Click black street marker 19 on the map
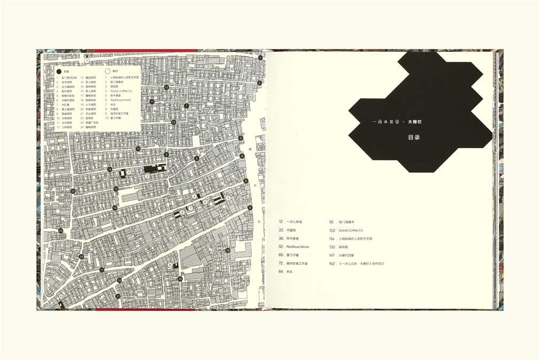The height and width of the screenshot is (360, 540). [x=227, y=250]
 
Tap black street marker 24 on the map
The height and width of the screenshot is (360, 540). [x=81, y=256]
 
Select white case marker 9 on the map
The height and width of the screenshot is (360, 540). [x=169, y=264]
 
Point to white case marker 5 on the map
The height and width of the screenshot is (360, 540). [x=228, y=198]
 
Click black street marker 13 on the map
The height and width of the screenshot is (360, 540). [x=138, y=148]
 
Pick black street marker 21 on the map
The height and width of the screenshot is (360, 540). [x=118, y=296]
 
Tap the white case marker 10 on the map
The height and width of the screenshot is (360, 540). [x=61, y=296]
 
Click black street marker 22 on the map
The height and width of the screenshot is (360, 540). [x=73, y=191]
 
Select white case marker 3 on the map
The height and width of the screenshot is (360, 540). [x=128, y=172]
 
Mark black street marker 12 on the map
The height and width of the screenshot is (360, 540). [x=174, y=122]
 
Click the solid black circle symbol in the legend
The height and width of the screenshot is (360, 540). [x=59, y=71]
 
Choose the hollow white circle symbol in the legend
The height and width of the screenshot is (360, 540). [x=107, y=71]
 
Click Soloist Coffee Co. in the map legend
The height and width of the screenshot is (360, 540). [x=121, y=91]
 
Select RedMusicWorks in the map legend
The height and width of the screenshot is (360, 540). [x=121, y=100]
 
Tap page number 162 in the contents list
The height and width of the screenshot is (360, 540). [x=331, y=263]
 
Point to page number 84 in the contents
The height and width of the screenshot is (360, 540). [x=281, y=272]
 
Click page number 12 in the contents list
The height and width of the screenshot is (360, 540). [x=281, y=221]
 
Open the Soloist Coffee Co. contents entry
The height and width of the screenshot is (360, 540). [x=350, y=230]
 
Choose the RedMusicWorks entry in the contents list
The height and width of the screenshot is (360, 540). [x=298, y=247]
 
